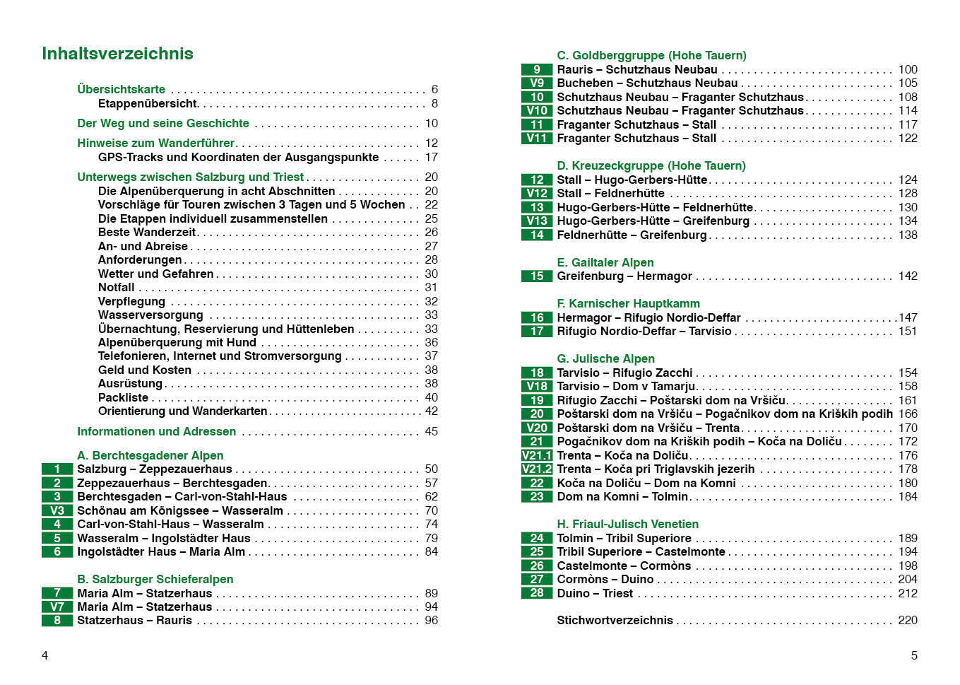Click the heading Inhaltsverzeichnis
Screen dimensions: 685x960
click(x=117, y=54)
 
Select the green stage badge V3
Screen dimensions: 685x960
click(x=57, y=510)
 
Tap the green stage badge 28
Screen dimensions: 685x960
click(x=537, y=593)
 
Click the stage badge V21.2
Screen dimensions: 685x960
click(x=537, y=469)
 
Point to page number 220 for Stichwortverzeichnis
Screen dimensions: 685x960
click(x=908, y=620)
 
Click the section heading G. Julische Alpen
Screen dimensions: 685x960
click(x=605, y=358)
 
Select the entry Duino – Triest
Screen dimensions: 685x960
click(x=595, y=593)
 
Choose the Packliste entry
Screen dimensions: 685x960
click(x=123, y=397)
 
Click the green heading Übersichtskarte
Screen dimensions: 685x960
click(x=121, y=89)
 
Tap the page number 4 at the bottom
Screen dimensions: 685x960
click(x=45, y=655)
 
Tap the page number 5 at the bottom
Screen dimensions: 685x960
click(x=914, y=655)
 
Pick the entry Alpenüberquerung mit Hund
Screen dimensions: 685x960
click(x=177, y=342)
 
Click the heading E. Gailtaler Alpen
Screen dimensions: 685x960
click(x=605, y=262)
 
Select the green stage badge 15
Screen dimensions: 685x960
click(x=537, y=276)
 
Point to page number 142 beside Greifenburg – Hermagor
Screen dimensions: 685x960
click(x=908, y=276)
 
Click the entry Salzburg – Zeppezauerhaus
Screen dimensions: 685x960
click(x=154, y=469)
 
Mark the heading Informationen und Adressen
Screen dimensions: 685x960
click(x=156, y=431)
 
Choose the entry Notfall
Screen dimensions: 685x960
click(x=116, y=287)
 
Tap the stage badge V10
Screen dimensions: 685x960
click(x=537, y=110)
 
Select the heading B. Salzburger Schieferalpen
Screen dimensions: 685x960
click(x=155, y=579)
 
